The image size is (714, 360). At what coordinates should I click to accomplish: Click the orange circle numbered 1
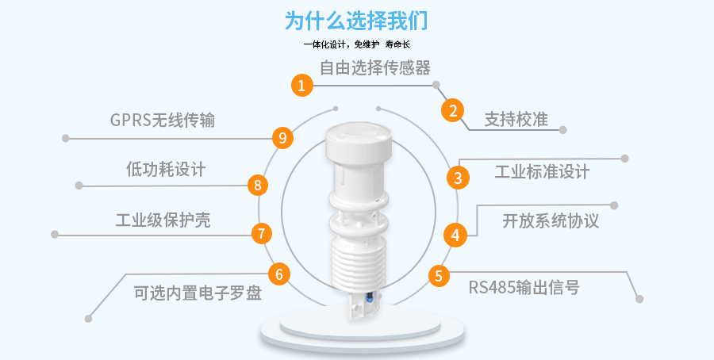click(x=302, y=85)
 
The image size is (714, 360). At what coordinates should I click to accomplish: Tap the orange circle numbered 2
click(x=453, y=110)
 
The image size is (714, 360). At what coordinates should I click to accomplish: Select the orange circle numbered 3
click(x=458, y=178)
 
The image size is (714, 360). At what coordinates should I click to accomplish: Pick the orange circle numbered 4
click(x=455, y=236)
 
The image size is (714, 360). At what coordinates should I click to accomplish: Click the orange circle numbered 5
click(x=439, y=276)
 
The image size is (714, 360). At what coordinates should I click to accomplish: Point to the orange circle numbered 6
click(x=279, y=274)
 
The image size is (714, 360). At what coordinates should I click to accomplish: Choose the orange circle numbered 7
click(x=261, y=233)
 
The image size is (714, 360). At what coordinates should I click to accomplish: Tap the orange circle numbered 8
click(x=258, y=186)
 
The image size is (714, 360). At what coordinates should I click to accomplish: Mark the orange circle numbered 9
click(x=282, y=137)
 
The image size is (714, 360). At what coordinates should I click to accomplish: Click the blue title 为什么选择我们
click(x=356, y=21)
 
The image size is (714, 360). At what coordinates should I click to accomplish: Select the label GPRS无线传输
click(x=163, y=121)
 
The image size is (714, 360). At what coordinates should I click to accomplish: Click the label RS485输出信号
click(x=524, y=287)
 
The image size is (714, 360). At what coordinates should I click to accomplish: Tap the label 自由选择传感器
click(x=375, y=68)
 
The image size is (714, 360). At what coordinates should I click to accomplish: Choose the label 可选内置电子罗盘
click(x=198, y=293)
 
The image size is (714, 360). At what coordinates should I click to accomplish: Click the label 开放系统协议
click(x=550, y=220)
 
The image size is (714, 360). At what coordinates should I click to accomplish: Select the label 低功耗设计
click(x=166, y=170)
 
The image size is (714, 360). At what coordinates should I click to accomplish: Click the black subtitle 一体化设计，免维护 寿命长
click(x=357, y=44)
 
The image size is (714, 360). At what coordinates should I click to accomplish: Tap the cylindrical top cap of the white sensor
click(x=359, y=143)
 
